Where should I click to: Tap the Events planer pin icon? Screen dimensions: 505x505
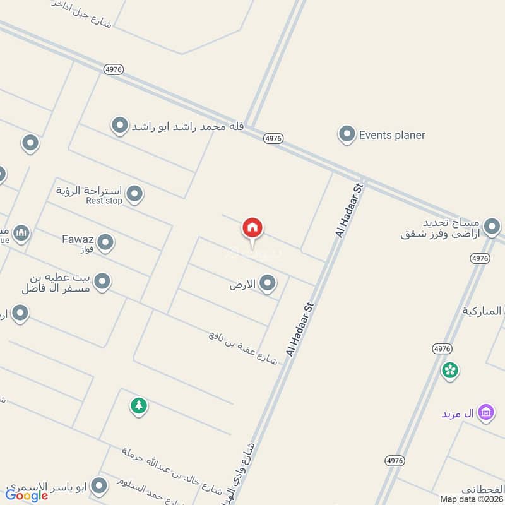point(346,134)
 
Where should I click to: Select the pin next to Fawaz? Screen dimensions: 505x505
point(105,242)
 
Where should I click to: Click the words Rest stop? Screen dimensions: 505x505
point(104,201)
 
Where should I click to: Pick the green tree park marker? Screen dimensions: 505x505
point(139,405)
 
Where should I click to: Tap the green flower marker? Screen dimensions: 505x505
point(450,371)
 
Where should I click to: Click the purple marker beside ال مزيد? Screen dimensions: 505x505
point(485,413)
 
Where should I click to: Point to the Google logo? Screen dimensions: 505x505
point(27,496)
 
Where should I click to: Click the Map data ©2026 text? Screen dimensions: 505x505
point(472,499)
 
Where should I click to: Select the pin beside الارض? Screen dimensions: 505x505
point(268,283)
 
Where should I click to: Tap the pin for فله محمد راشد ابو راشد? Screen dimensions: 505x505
point(119,126)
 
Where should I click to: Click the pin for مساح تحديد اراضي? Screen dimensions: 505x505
point(492,225)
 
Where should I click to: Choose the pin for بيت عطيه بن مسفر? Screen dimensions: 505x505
point(102,281)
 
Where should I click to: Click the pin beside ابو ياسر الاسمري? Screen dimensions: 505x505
point(98,485)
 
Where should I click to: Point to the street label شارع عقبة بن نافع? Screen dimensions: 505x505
point(243,347)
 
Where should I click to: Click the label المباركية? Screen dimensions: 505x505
point(483,311)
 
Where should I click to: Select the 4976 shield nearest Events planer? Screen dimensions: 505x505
point(273,138)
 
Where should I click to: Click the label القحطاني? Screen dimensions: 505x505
point(483,489)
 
